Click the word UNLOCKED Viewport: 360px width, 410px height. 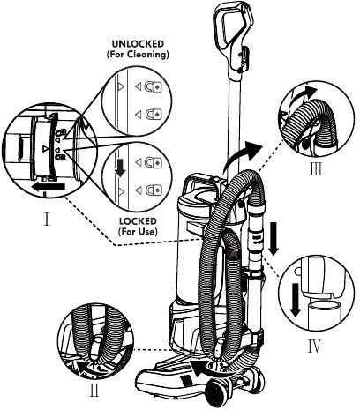click(x=139, y=41)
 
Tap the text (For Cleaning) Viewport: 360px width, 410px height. click(x=139, y=53)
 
